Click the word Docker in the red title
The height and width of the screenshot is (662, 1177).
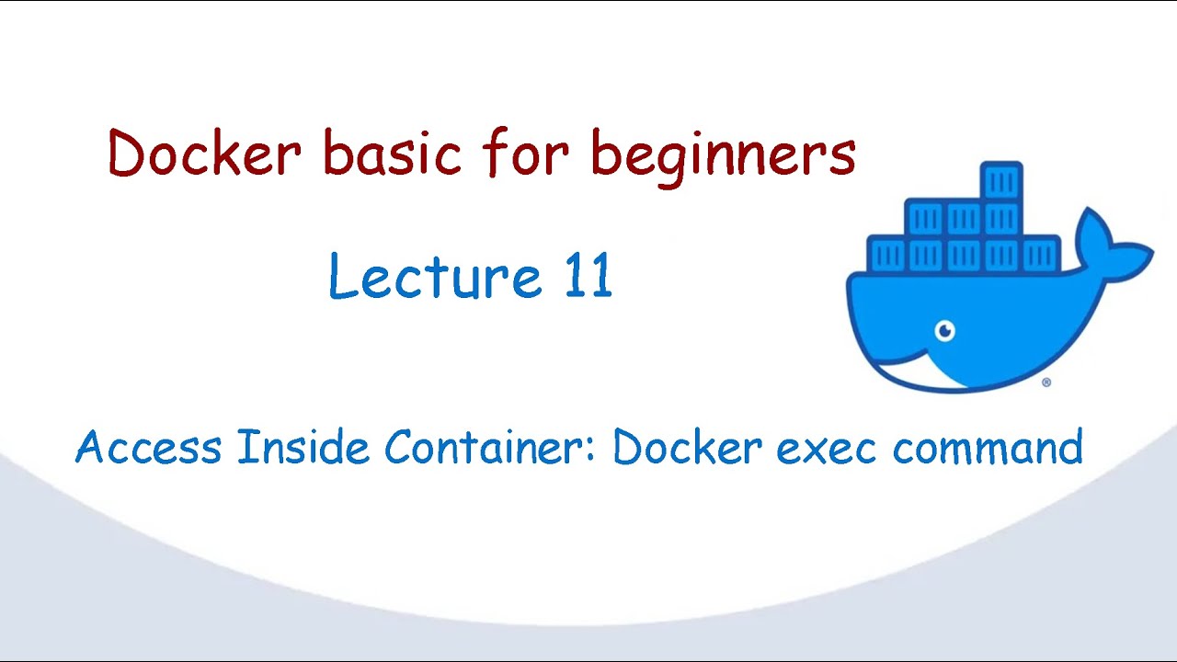click(x=204, y=154)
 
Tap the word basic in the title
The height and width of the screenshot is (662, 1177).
click(x=392, y=154)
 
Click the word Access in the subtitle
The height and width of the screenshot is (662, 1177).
click(x=149, y=448)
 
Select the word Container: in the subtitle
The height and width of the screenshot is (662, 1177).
click(x=491, y=448)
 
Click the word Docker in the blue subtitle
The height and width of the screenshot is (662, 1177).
click(x=688, y=448)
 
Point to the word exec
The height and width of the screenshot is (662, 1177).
click(x=828, y=448)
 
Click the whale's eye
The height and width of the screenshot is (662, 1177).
click(x=944, y=331)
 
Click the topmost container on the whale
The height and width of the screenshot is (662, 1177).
click(x=1001, y=182)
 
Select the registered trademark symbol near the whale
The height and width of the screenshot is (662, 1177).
click(x=1046, y=382)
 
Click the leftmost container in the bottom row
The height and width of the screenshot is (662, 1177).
click(x=887, y=254)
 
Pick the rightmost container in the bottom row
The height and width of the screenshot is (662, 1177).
click(x=1041, y=254)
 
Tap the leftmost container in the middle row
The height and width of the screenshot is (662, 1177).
click(x=925, y=219)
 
